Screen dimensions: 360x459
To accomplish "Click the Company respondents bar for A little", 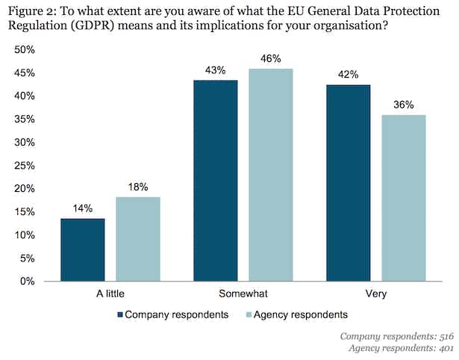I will pyautogui.click(x=83, y=249).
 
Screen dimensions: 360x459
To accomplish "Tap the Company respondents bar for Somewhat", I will pyautogui.click(x=216, y=181).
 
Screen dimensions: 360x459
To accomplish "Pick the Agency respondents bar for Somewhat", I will pyautogui.click(x=271, y=175).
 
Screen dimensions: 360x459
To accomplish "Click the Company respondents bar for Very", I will pyautogui.click(x=348, y=183).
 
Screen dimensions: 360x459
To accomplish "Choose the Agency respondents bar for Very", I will pyautogui.click(x=404, y=198).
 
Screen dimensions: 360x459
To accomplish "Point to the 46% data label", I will pyautogui.click(x=271, y=59).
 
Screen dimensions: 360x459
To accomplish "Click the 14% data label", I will pyautogui.click(x=83, y=209).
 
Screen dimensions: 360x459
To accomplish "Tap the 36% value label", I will pyautogui.click(x=404, y=105).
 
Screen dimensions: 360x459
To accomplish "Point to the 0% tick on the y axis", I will pyautogui.click(x=29, y=282).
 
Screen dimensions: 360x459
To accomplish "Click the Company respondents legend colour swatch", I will pyautogui.click(x=119, y=314).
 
